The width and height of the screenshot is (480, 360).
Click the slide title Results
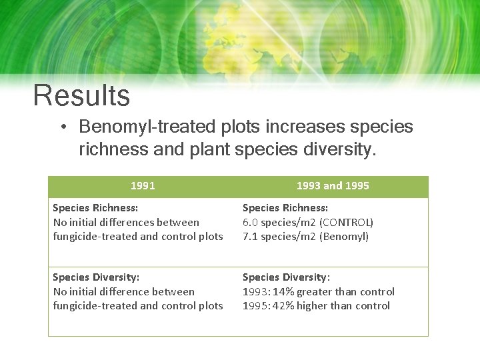81,96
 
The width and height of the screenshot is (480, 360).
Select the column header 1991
143,186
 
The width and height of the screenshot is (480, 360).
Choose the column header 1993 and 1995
333,186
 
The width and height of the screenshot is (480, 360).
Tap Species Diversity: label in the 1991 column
95,277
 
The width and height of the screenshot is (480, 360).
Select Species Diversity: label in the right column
286,277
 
